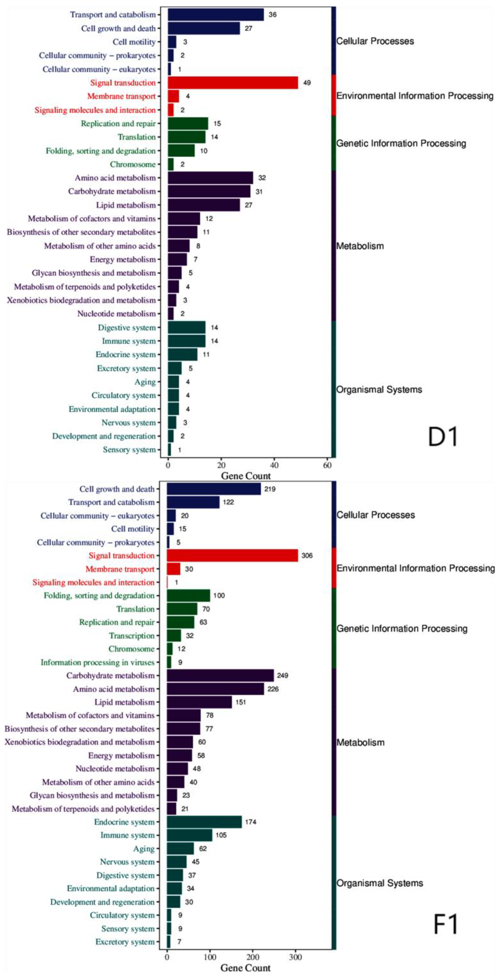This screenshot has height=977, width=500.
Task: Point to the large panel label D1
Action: click(x=443, y=437)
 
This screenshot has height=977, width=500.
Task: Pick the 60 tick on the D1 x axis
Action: click(x=327, y=465)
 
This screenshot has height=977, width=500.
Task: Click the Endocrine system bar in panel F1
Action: click(x=204, y=822)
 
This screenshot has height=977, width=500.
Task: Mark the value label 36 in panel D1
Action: click(x=272, y=15)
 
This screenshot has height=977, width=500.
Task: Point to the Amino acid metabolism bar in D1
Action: click(x=210, y=178)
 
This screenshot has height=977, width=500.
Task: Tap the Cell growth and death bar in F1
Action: click(x=214, y=489)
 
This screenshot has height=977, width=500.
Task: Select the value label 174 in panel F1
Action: click(x=250, y=822)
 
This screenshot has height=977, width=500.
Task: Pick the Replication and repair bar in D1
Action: click(x=188, y=124)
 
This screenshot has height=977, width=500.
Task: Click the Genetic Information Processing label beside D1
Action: click(x=401, y=143)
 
